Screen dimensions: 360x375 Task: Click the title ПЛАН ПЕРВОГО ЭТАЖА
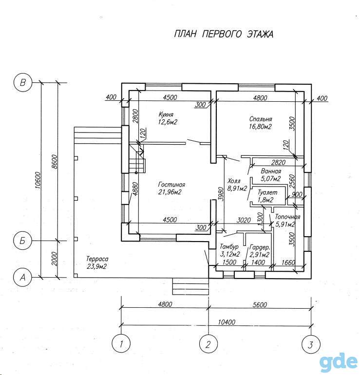(224, 34)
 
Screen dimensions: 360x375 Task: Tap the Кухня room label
(166, 114)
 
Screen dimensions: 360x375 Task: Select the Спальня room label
(261, 119)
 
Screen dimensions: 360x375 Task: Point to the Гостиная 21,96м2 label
(171, 188)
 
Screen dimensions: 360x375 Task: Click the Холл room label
(234, 181)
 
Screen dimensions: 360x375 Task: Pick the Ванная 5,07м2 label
(271, 175)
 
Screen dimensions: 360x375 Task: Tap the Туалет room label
(267, 192)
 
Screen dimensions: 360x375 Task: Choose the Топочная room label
(287, 217)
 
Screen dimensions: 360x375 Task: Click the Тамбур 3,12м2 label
(229, 250)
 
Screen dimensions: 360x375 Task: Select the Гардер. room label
(260, 247)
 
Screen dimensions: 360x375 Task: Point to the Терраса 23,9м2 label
(97, 262)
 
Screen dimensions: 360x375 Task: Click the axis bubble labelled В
(22, 83)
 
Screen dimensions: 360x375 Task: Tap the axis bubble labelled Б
(22, 241)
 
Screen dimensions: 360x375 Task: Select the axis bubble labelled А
(22, 278)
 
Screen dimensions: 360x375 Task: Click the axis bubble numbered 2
(208, 344)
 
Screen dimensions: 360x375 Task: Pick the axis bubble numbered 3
(311, 345)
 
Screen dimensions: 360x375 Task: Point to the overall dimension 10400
(227, 322)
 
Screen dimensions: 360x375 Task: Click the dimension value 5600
(260, 305)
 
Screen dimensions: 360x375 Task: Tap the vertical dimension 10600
(38, 180)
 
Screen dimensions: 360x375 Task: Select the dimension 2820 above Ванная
(279, 162)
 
